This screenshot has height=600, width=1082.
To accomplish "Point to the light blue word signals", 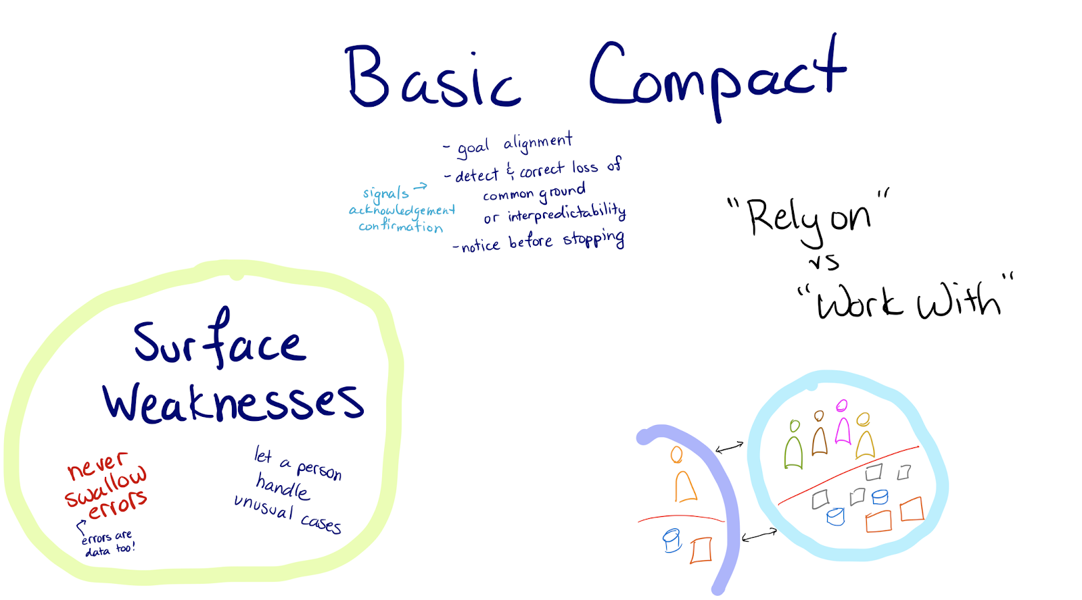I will [x=385, y=195].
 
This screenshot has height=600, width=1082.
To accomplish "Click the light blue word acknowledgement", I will [x=402, y=210].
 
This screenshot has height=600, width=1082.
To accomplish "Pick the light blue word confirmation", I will [x=400, y=226].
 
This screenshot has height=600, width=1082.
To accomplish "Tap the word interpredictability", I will [x=567, y=214].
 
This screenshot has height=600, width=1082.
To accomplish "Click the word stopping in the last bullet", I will [x=594, y=240].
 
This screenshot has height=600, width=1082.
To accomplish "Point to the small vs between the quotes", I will [x=824, y=261].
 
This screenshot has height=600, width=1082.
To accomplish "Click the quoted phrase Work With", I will [x=906, y=301].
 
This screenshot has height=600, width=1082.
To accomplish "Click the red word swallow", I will [x=105, y=487].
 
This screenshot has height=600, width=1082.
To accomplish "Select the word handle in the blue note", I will [x=283, y=486].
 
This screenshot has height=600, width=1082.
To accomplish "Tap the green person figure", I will [x=794, y=445].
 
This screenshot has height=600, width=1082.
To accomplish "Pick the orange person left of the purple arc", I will [x=684, y=477].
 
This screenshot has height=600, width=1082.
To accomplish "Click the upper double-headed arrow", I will [x=730, y=447].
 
